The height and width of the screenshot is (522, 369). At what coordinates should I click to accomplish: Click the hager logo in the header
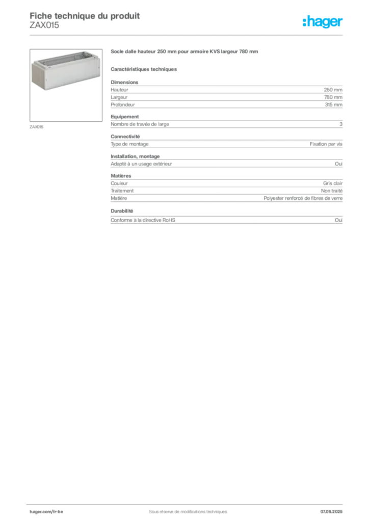[323, 21]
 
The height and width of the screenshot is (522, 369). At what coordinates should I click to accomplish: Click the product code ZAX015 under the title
[44, 25]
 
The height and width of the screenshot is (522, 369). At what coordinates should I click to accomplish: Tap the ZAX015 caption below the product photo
[37, 127]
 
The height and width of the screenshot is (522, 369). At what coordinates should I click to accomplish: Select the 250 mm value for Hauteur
[333, 90]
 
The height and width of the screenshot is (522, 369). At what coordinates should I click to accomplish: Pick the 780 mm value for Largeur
[333, 97]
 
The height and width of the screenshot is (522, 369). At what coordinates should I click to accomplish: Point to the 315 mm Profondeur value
[333, 105]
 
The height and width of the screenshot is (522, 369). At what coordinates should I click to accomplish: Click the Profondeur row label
[123, 105]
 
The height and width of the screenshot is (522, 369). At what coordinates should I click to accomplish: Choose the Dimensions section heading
[124, 82]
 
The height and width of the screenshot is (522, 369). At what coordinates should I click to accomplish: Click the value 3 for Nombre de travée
[341, 124]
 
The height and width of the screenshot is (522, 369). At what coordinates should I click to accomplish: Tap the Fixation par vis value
[326, 144]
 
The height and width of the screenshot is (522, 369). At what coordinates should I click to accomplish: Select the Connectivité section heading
[125, 137]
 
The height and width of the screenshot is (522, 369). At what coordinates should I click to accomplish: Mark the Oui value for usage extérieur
[339, 164]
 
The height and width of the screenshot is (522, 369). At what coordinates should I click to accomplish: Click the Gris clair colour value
[333, 184]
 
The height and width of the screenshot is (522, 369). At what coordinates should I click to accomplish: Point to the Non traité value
[332, 191]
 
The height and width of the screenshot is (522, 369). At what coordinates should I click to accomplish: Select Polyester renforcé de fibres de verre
[303, 198]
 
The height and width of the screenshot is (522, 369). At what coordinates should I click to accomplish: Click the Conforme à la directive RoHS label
[143, 220]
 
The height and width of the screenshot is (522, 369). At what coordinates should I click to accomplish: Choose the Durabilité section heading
[122, 211]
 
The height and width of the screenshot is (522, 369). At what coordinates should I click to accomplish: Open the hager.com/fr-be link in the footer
[46, 512]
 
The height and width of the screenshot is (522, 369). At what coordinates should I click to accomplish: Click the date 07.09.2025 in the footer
[331, 512]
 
